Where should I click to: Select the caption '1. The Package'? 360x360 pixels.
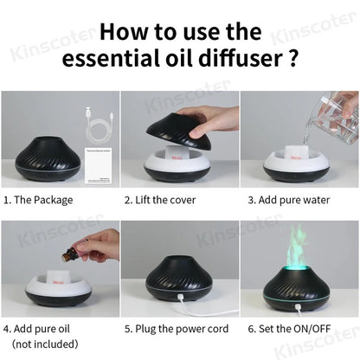(38, 199)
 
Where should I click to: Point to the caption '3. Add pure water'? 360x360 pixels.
(290, 199)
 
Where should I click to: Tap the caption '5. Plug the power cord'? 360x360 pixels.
(178, 329)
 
